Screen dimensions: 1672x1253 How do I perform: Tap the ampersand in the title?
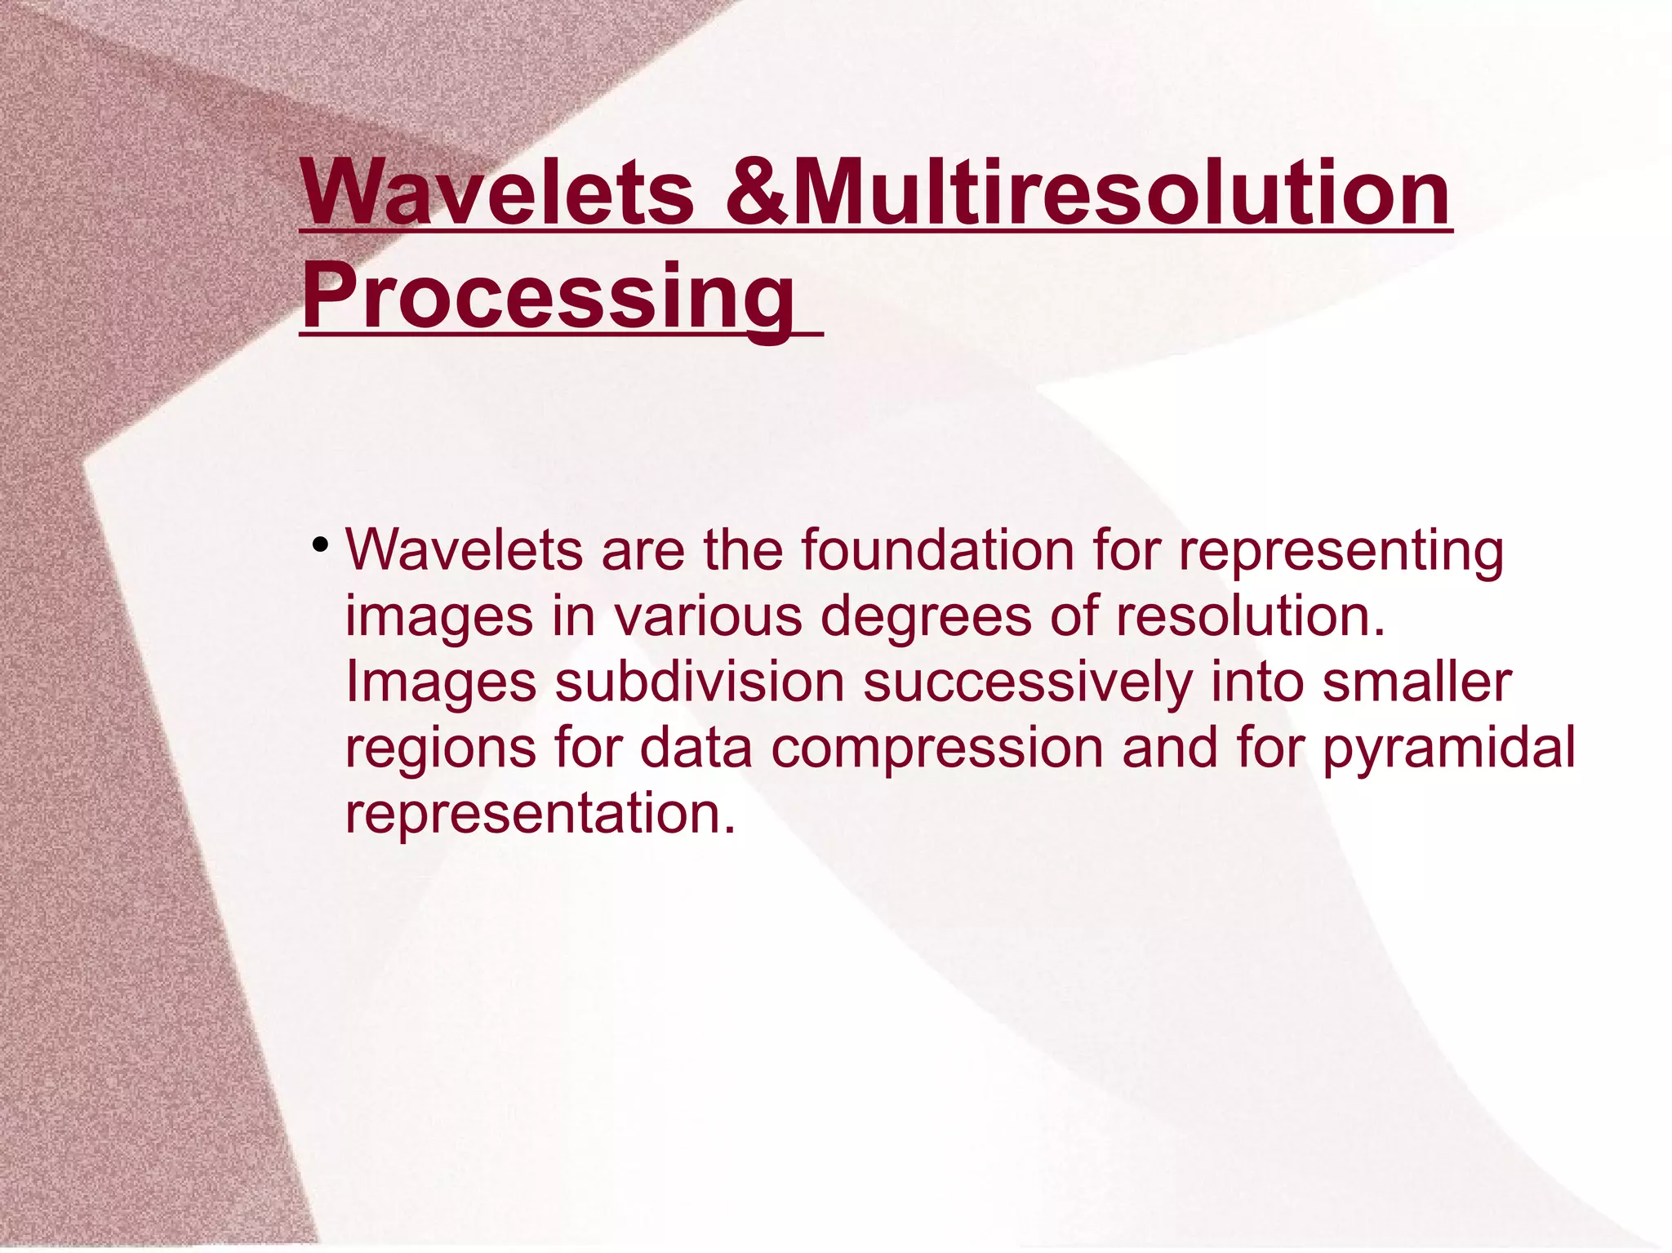point(756,193)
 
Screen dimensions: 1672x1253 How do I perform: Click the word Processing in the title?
point(548,295)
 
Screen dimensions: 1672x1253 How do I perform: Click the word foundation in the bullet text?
point(937,549)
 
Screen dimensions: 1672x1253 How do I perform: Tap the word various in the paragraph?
point(708,615)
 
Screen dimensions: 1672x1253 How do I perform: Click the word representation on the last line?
point(539,813)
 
